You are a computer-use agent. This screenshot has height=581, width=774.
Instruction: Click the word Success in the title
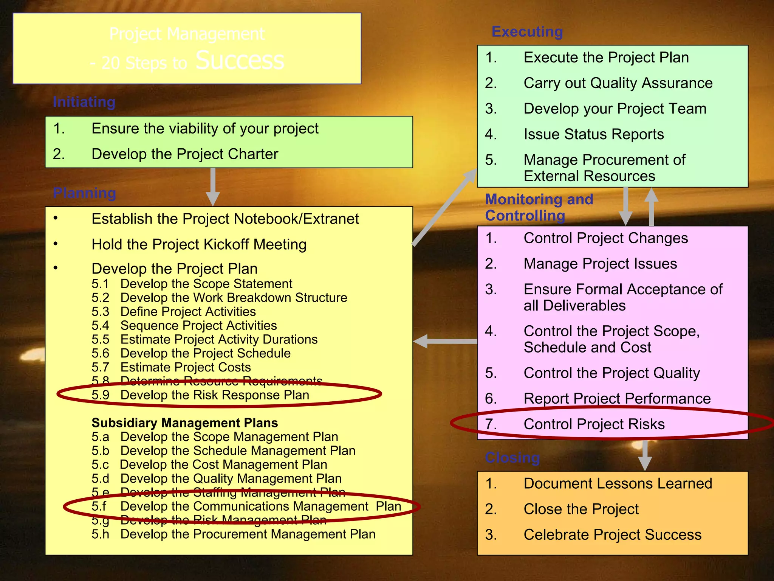pyautogui.click(x=240, y=61)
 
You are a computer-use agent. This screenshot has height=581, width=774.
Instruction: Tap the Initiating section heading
pyautogui.click(x=84, y=102)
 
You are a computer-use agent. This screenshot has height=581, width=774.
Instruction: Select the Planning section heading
pyautogui.click(x=84, y=193)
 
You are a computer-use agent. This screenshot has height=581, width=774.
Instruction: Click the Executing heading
pyautogui.click(x=527, y=32)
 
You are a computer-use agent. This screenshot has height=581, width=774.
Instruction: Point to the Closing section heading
pyautogui.click(x=512, y=458)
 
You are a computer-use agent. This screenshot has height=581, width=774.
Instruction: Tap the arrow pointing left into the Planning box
pyautogui.click(x=444, y=341)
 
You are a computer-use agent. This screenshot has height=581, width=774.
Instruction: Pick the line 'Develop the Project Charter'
pyautogui.click(x=185, y=154)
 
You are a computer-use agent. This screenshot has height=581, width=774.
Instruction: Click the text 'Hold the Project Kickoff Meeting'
pyautogui.click(x=199, y=245)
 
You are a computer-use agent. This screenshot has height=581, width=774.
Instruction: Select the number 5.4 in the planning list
pyautogui.click(x=100, y=326)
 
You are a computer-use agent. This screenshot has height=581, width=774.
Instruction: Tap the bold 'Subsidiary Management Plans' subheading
pyautogui.click(x=184, y=423)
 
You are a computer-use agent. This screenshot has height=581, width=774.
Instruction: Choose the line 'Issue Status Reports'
pyautogui.click(x=593, y=134)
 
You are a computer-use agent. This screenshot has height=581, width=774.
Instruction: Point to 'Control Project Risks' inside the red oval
pyautogui.click(x=594, y=424)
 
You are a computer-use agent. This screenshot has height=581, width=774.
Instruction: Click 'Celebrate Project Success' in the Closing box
pyautogui.click(x=612, y=535)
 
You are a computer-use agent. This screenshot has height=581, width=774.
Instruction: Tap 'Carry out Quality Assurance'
pyautogui.click(x=618, y=83)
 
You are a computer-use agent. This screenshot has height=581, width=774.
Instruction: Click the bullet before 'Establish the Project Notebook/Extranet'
pyautogui.click(x=56, y=218)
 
